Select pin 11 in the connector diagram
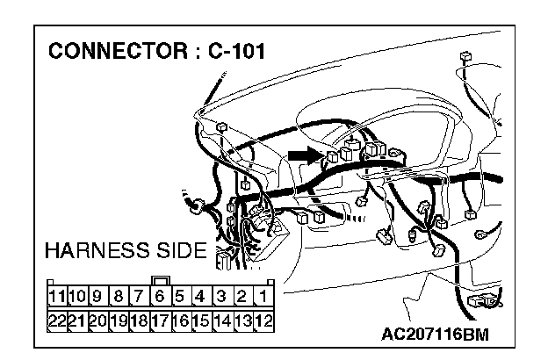[58, 297]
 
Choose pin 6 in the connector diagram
[161, 297]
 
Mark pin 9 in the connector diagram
[99, 297]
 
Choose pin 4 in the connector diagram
[201, 297]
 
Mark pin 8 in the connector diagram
[119, 297]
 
